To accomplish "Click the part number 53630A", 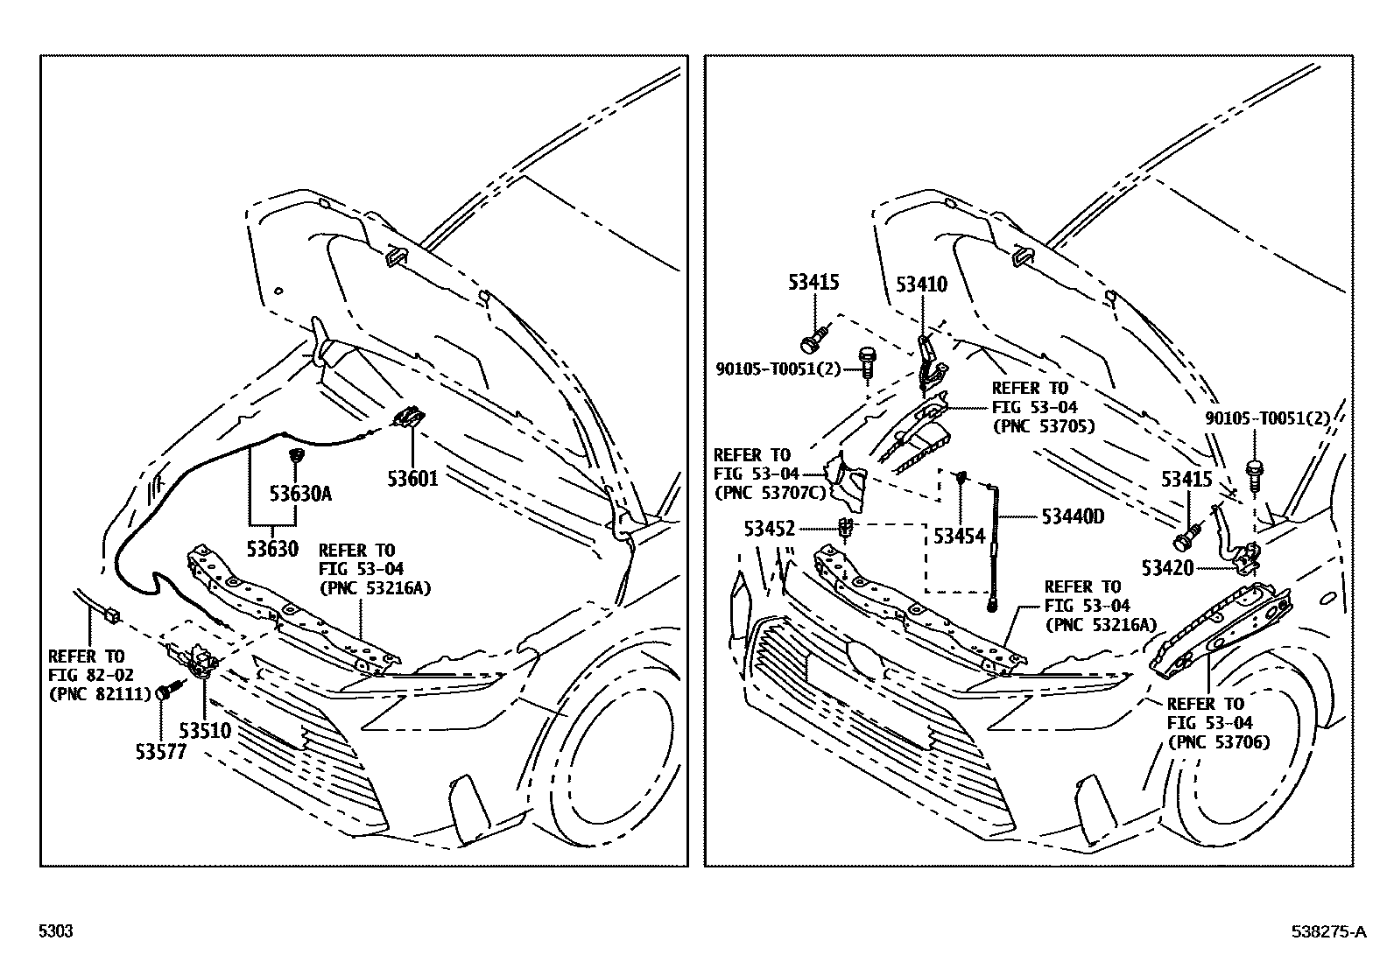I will click(300, 494).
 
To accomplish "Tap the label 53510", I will click(205, 730).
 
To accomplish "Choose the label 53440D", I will click(1073, 516).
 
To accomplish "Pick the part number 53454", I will click(959, 536).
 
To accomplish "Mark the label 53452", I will click(770, 529).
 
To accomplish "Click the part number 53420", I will click(1167, 567).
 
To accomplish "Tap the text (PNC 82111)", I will click(87, 695).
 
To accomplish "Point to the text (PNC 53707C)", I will click(771, 493).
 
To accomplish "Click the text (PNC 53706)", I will click(1218, 742).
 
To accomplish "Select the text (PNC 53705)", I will click(1043, 426).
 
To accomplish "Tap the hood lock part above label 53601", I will click(410, 418).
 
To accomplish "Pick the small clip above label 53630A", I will click(296, 456).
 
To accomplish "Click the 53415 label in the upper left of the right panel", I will click(813, 283).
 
